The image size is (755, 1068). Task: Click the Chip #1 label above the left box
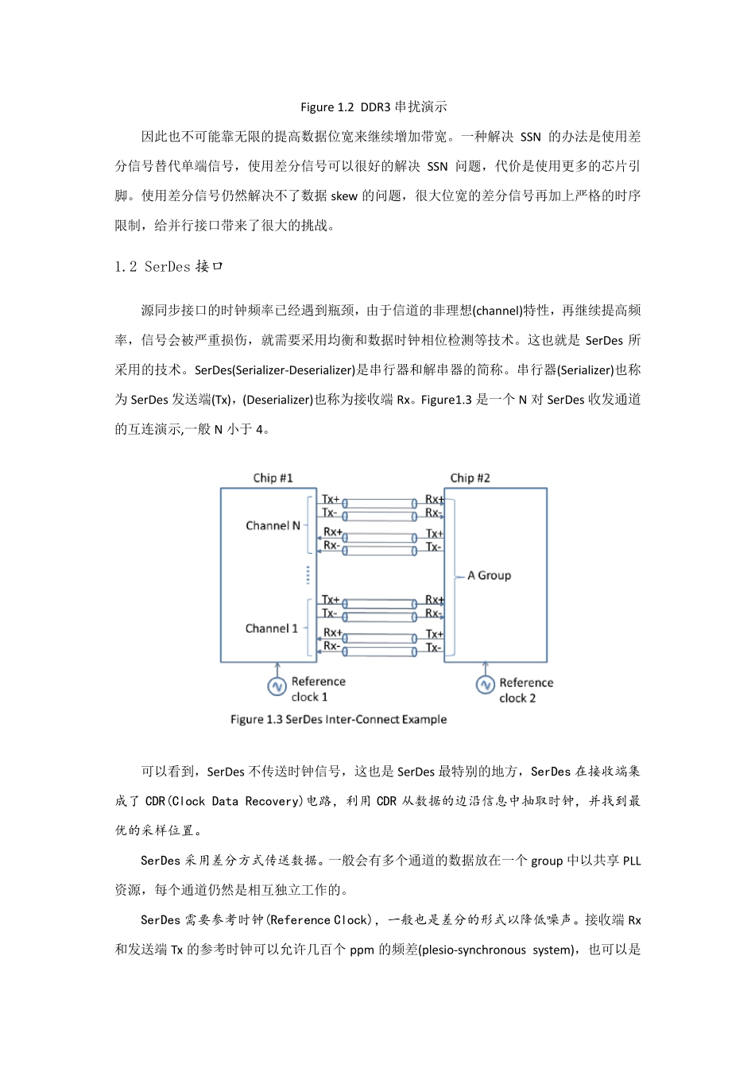coord(273,478)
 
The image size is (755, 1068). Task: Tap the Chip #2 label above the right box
coord(470,478)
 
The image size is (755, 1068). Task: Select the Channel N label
coord(273,525)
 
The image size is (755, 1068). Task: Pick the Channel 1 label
coord(271,628)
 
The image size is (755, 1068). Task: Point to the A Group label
coord(489,575)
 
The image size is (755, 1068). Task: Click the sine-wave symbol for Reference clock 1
coord(277,686)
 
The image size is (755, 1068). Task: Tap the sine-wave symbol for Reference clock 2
coord(485,685)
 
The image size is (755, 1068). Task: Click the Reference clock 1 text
coord(317,689)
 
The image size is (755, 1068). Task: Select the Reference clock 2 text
coord(525,690)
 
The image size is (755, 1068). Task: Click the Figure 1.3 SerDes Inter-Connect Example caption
coord(339,719)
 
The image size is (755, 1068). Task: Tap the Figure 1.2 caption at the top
coord(374,107)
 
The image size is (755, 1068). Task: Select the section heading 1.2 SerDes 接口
coord(168,267)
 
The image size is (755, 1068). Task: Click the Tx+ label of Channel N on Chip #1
coord(330,499)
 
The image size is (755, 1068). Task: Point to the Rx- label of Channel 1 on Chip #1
coord(331,646)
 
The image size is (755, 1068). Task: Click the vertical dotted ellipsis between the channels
coord(308,575)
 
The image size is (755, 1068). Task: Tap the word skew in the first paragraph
coord(344,196)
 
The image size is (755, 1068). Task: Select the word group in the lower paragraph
coord(547,861)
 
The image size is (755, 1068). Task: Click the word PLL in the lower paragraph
coord(632,861)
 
